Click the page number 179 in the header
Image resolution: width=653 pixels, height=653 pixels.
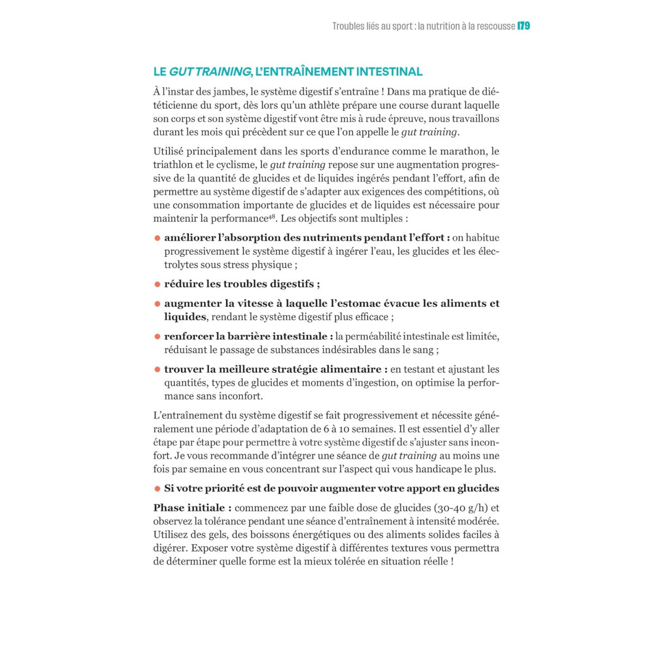tap(524, 26)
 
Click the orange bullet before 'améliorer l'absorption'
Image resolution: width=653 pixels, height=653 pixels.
tap(157, 238)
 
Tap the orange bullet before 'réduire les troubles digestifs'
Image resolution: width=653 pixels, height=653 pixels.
tap(157, 284)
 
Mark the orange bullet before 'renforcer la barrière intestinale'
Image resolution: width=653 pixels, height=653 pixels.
tap(157, 337)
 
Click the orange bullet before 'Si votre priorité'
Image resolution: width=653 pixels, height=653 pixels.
tap(157, 489)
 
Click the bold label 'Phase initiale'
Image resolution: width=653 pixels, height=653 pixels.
tap(192, 508)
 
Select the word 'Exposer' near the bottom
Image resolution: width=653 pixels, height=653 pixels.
tap(211, 548)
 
